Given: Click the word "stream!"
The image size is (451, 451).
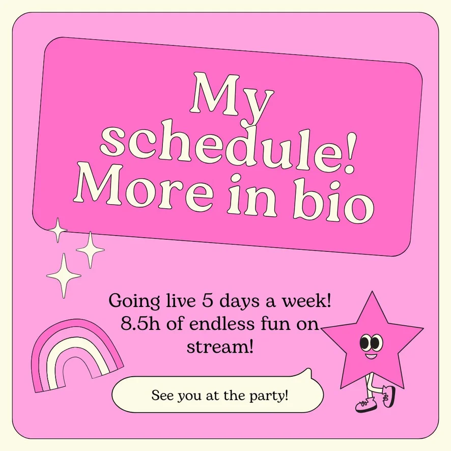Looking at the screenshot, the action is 220,347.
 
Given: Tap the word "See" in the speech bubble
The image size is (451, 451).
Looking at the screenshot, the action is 162,395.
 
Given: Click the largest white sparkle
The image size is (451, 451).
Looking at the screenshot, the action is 64,275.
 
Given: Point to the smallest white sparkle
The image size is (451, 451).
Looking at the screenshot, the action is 58,230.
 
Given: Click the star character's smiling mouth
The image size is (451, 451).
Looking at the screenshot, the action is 371,357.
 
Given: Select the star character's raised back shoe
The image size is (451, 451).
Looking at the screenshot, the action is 389,397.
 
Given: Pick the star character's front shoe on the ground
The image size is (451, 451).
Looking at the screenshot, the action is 365,404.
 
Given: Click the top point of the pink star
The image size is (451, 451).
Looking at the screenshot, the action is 372,291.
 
